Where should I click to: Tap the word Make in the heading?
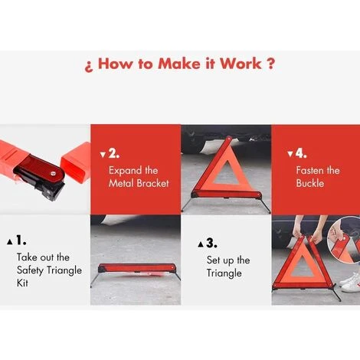[179, 64]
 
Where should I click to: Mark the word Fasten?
[313, 170]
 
